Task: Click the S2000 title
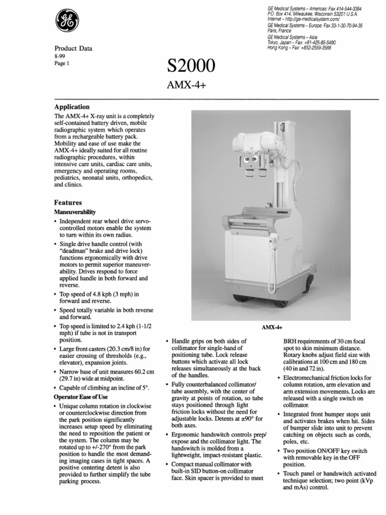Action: point(190,66)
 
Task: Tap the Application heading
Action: point(72,107)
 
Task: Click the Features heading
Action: point(68,202)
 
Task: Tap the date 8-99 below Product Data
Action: point(60,58)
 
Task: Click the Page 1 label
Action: point(61,65)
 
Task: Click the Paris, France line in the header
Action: point(280,30)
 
